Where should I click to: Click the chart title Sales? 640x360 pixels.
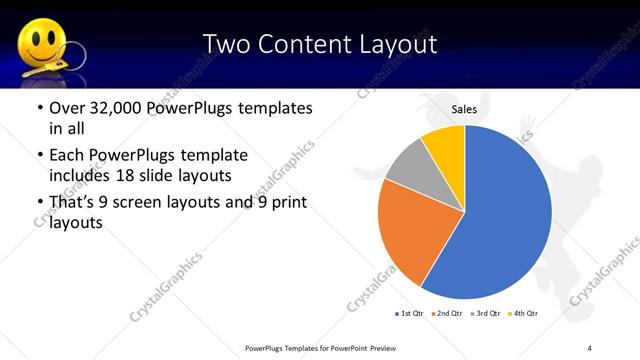coord(464,112)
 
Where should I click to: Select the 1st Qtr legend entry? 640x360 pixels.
coord(409,314)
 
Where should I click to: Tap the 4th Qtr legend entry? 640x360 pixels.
coord(524,314)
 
